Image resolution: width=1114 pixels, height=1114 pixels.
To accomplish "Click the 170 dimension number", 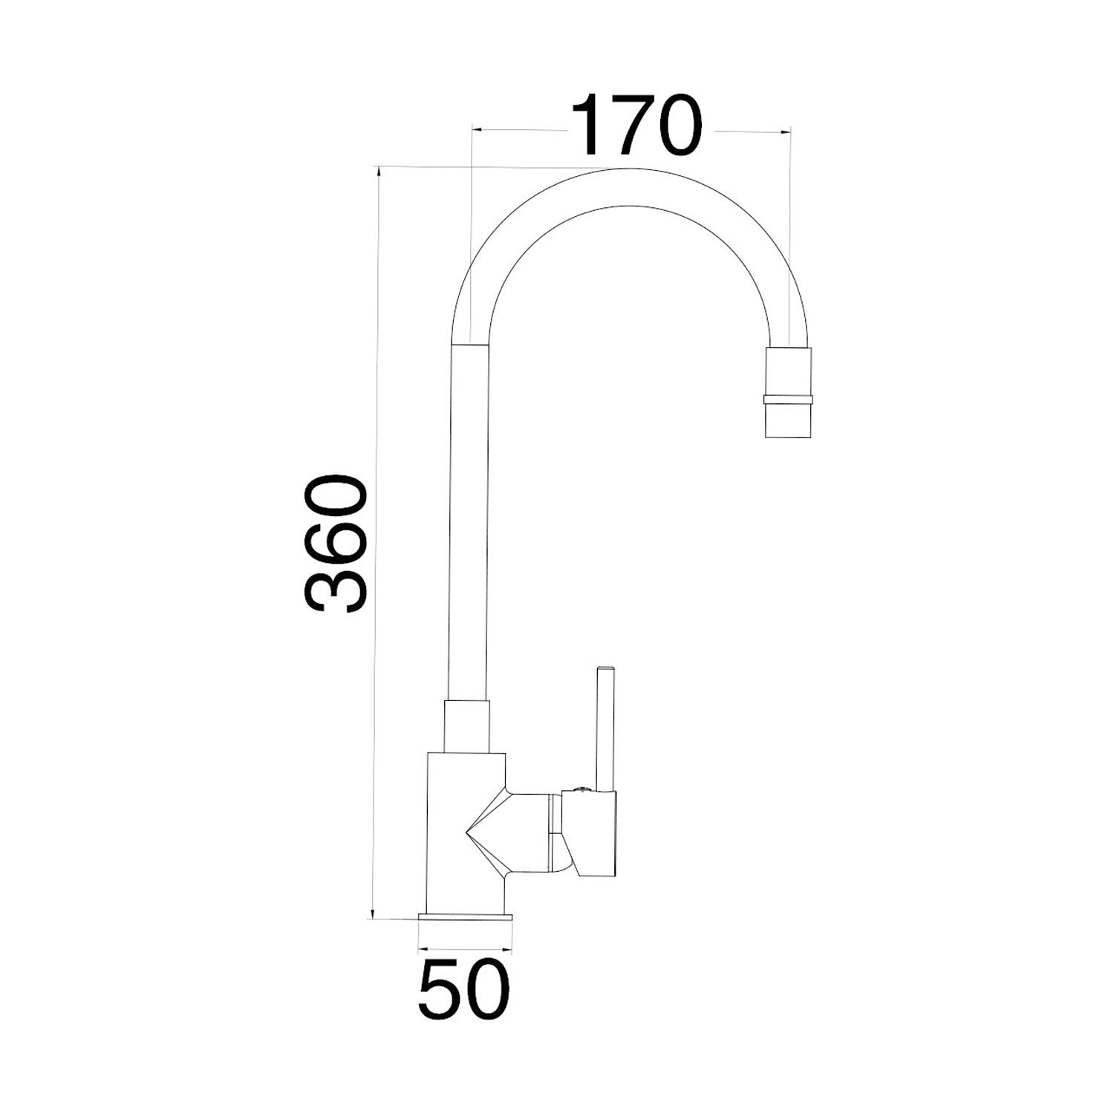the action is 636,126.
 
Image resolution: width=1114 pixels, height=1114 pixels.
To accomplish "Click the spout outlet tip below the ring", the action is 788,420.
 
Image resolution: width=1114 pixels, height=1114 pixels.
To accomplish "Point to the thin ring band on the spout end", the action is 788,400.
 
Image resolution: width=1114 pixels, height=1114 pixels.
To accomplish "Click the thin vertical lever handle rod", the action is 605,729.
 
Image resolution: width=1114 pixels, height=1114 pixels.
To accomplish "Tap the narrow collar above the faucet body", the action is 467,726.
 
